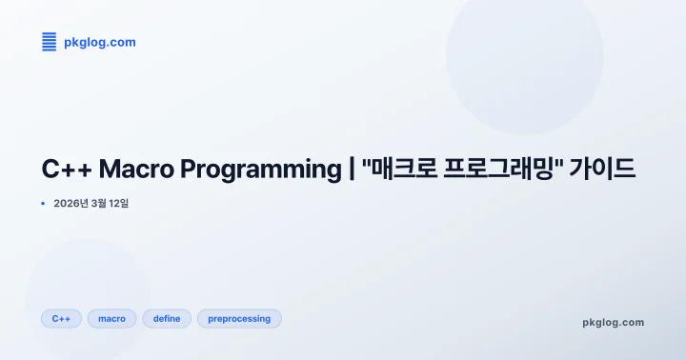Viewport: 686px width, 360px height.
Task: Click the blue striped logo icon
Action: [x=50, y=42]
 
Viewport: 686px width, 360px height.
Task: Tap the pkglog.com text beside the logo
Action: [x=99, y=42]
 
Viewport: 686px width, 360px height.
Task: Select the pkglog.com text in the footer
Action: [x=613, y=322]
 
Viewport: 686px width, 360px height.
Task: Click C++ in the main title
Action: [x=65, y=170]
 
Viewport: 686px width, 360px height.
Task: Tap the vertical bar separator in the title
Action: [x=351, y=171]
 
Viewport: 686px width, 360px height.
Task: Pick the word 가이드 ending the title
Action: [x=603, y=170]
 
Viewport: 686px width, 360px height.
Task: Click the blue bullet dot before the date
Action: [x=43, y=203]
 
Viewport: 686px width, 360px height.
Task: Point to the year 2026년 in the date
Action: [x=71, y=203]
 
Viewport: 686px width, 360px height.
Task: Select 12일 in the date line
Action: [x=121, y=203]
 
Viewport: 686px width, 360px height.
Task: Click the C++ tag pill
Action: [x=61, y=318]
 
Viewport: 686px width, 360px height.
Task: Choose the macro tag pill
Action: [x=111, y=318]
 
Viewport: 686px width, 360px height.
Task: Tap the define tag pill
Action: [x=167, y=318]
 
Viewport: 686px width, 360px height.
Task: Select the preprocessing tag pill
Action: [x=239, y=318]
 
